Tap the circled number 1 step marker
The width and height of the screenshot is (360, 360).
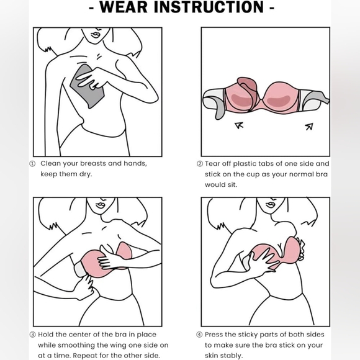[33, 164]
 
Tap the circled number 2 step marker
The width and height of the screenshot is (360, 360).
[199, 164]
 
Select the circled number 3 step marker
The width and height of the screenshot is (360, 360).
[33, 335]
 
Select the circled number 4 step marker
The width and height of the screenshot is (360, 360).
[199, 335]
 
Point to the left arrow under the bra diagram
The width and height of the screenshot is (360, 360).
[238, 126]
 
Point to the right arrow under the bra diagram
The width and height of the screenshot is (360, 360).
[308, 126]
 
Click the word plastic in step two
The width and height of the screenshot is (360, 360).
[250, 164]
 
